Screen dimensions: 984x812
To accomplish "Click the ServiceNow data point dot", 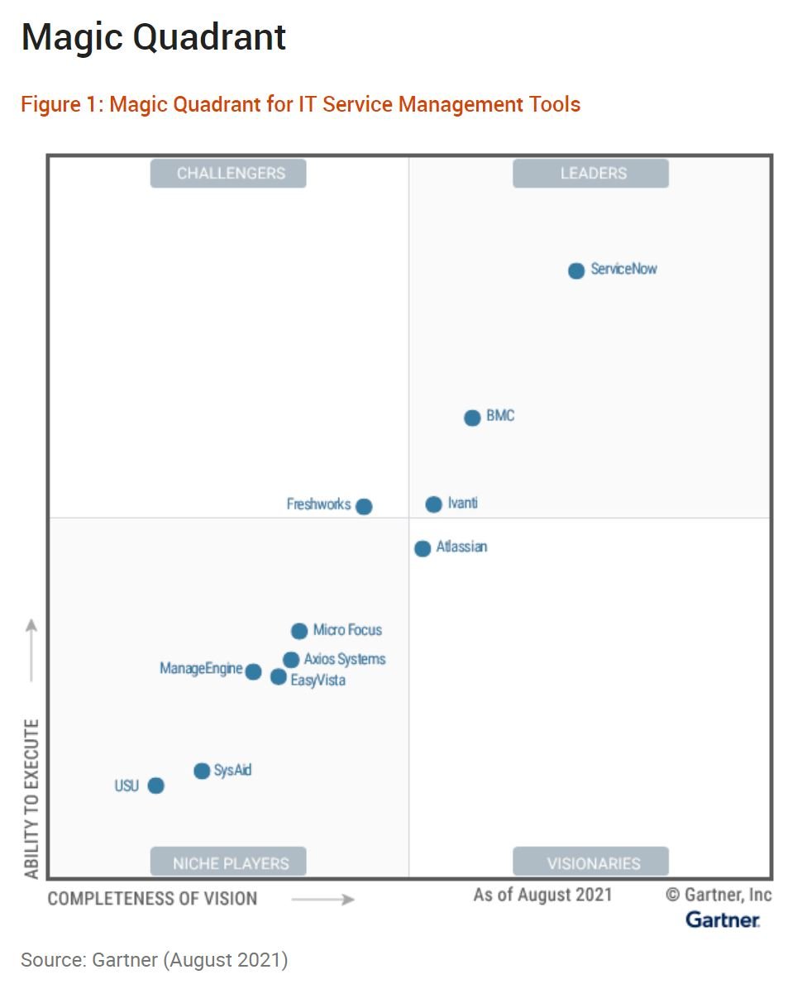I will pos(576,270).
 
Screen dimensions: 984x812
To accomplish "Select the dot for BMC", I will pos(472,418).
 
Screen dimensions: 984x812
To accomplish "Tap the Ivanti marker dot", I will pos(434,504).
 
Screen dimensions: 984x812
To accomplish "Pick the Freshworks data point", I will pos(364,506).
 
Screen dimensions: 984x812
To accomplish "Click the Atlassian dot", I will pos(423,548).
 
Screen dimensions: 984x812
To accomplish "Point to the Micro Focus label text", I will pos(347,630).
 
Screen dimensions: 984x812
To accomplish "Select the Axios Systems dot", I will pos(291,660).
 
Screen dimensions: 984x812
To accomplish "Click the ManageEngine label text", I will pos(201,668).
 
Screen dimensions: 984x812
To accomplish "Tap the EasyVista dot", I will pos(279,677).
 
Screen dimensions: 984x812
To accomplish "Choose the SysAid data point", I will pos(202,771).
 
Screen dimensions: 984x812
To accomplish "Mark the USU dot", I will pos(155,786).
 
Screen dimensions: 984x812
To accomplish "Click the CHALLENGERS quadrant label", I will pos(228,174).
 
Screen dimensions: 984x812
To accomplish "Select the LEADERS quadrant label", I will pos(590,174).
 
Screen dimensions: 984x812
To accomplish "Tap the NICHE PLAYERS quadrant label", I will pos(228,863).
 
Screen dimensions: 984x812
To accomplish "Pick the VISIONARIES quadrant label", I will pos(590,863).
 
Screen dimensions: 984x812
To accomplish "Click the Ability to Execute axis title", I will pos(31,799).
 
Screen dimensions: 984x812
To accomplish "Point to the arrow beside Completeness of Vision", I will pos(322,899).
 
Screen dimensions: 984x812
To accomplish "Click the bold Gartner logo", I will pos(723,920).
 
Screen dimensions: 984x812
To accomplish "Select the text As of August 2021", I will pos(542,895).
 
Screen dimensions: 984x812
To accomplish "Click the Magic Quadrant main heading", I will pos(154,38).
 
